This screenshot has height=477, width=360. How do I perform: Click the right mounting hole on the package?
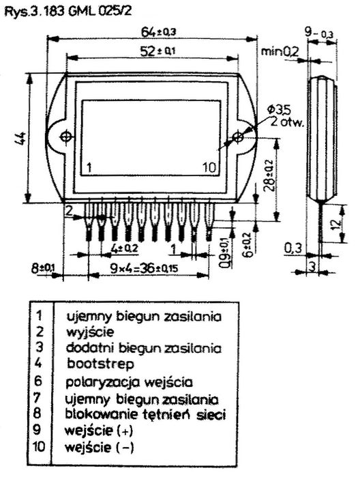tap(237, 136)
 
